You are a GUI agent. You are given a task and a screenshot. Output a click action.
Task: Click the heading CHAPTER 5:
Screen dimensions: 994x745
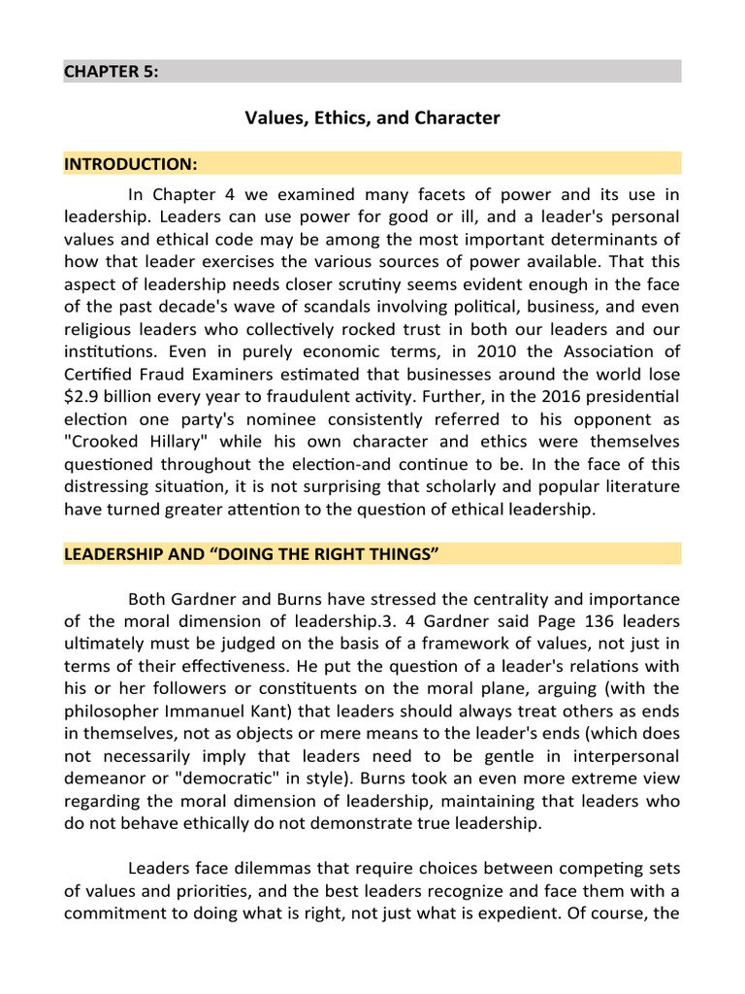click(x=111, y=72)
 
